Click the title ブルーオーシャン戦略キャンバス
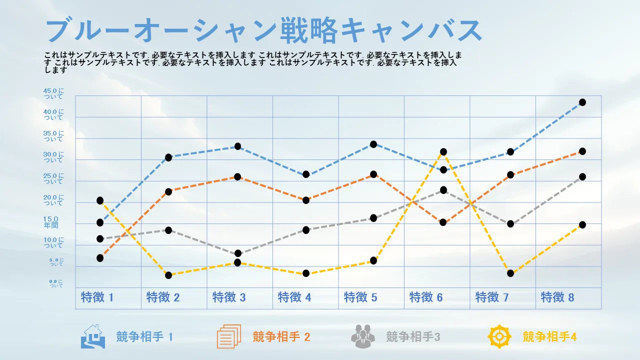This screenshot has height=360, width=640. coord(263,31)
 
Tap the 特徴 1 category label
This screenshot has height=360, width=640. coord(97,297)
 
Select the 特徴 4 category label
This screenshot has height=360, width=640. coord(294,297)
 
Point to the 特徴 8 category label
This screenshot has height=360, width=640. coord(557,297)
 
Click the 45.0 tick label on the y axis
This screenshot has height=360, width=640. coord(54,93)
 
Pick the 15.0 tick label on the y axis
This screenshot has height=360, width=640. coord(51,222)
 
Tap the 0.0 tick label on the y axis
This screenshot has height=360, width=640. coord(56,283)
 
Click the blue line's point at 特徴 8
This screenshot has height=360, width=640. coord(582,102)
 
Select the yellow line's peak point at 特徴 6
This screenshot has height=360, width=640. coord(443,152)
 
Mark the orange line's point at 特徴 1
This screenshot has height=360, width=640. coord(100,258)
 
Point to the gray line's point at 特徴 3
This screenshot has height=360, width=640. coord(237,253)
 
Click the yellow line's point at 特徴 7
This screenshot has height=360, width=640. coord(510,273)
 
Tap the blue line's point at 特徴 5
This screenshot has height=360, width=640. coord(373,144)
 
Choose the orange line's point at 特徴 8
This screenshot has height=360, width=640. coord(582,151)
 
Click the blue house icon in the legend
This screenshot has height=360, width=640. coord(92,336)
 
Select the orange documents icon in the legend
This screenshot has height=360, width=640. coord(229,336)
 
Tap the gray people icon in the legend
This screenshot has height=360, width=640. coord(362,336)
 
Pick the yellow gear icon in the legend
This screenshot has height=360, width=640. coord(499,336)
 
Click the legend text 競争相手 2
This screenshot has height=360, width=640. coord(281,337)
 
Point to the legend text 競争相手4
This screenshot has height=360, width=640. coord(549,337)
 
